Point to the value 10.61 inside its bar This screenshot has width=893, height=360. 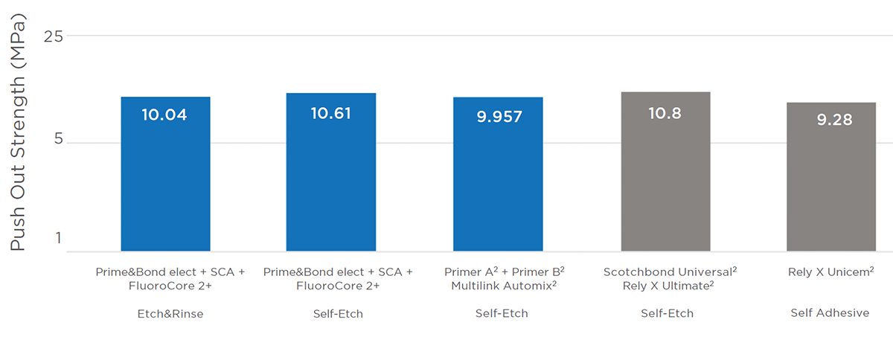click(x=330, y=114)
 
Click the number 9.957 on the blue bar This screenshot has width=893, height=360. click(x=499, y=118)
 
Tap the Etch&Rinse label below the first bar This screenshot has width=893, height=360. click(x=170, y=314)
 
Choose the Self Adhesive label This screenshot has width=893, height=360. click(x=830, y=313)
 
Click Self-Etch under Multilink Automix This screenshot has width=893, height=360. click(x=502, y=314)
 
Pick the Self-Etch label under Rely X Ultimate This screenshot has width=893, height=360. click(x=667, y=314)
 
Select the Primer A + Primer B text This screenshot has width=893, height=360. click(x=504, y=272)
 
